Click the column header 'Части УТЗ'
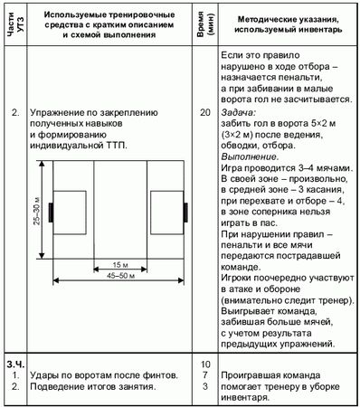12,25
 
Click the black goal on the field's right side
185,214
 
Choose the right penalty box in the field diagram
166,214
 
